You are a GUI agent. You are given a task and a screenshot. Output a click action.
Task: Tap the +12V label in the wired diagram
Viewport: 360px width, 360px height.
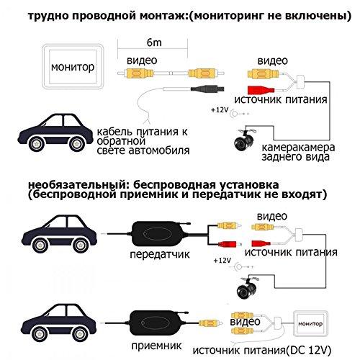click(x=220, y=111)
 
